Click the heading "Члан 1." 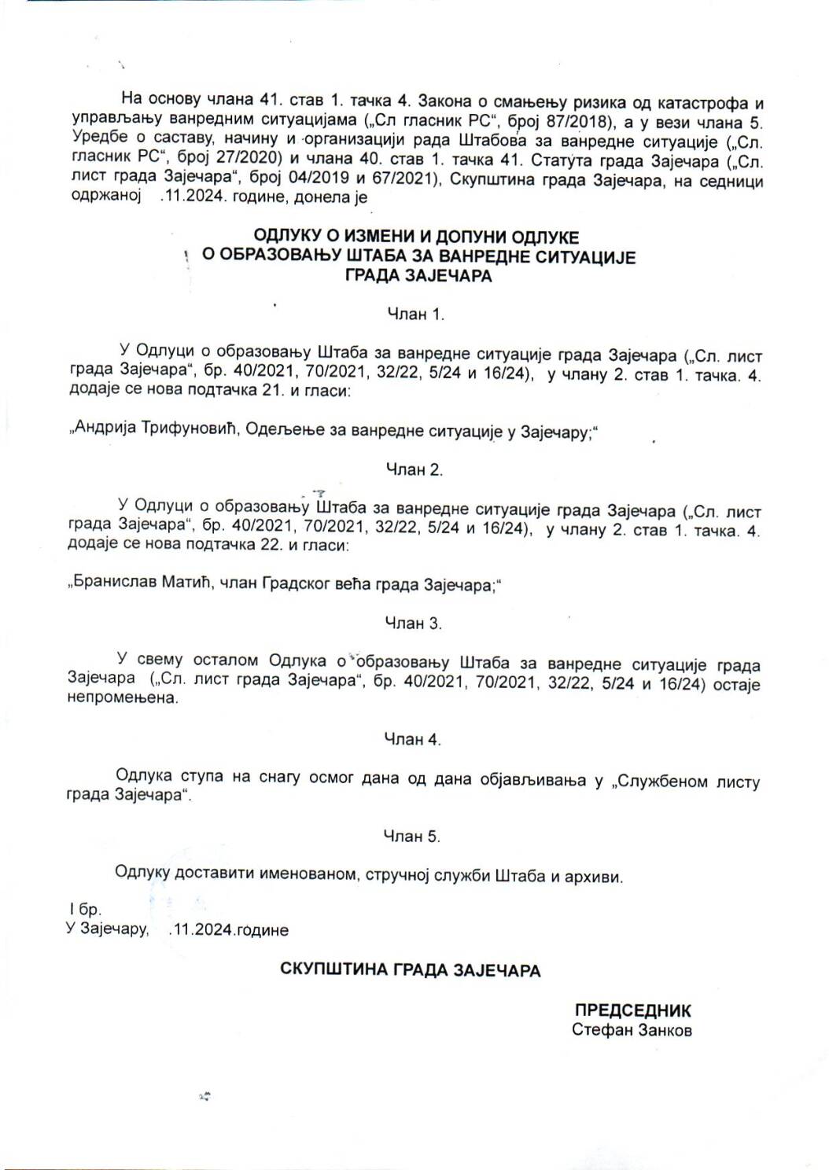click(x=416, y=315)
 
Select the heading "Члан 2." click(x=414, y=470)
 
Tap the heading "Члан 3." click(x=414, y=624)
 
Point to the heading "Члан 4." click(x=413, y=740)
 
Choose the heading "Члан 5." click(x=412, y=837)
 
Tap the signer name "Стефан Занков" click(x=632, y=1031)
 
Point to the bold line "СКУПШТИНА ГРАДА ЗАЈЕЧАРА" click(x=411, y=970)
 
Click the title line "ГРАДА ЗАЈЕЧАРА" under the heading click(x=418, y=278)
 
